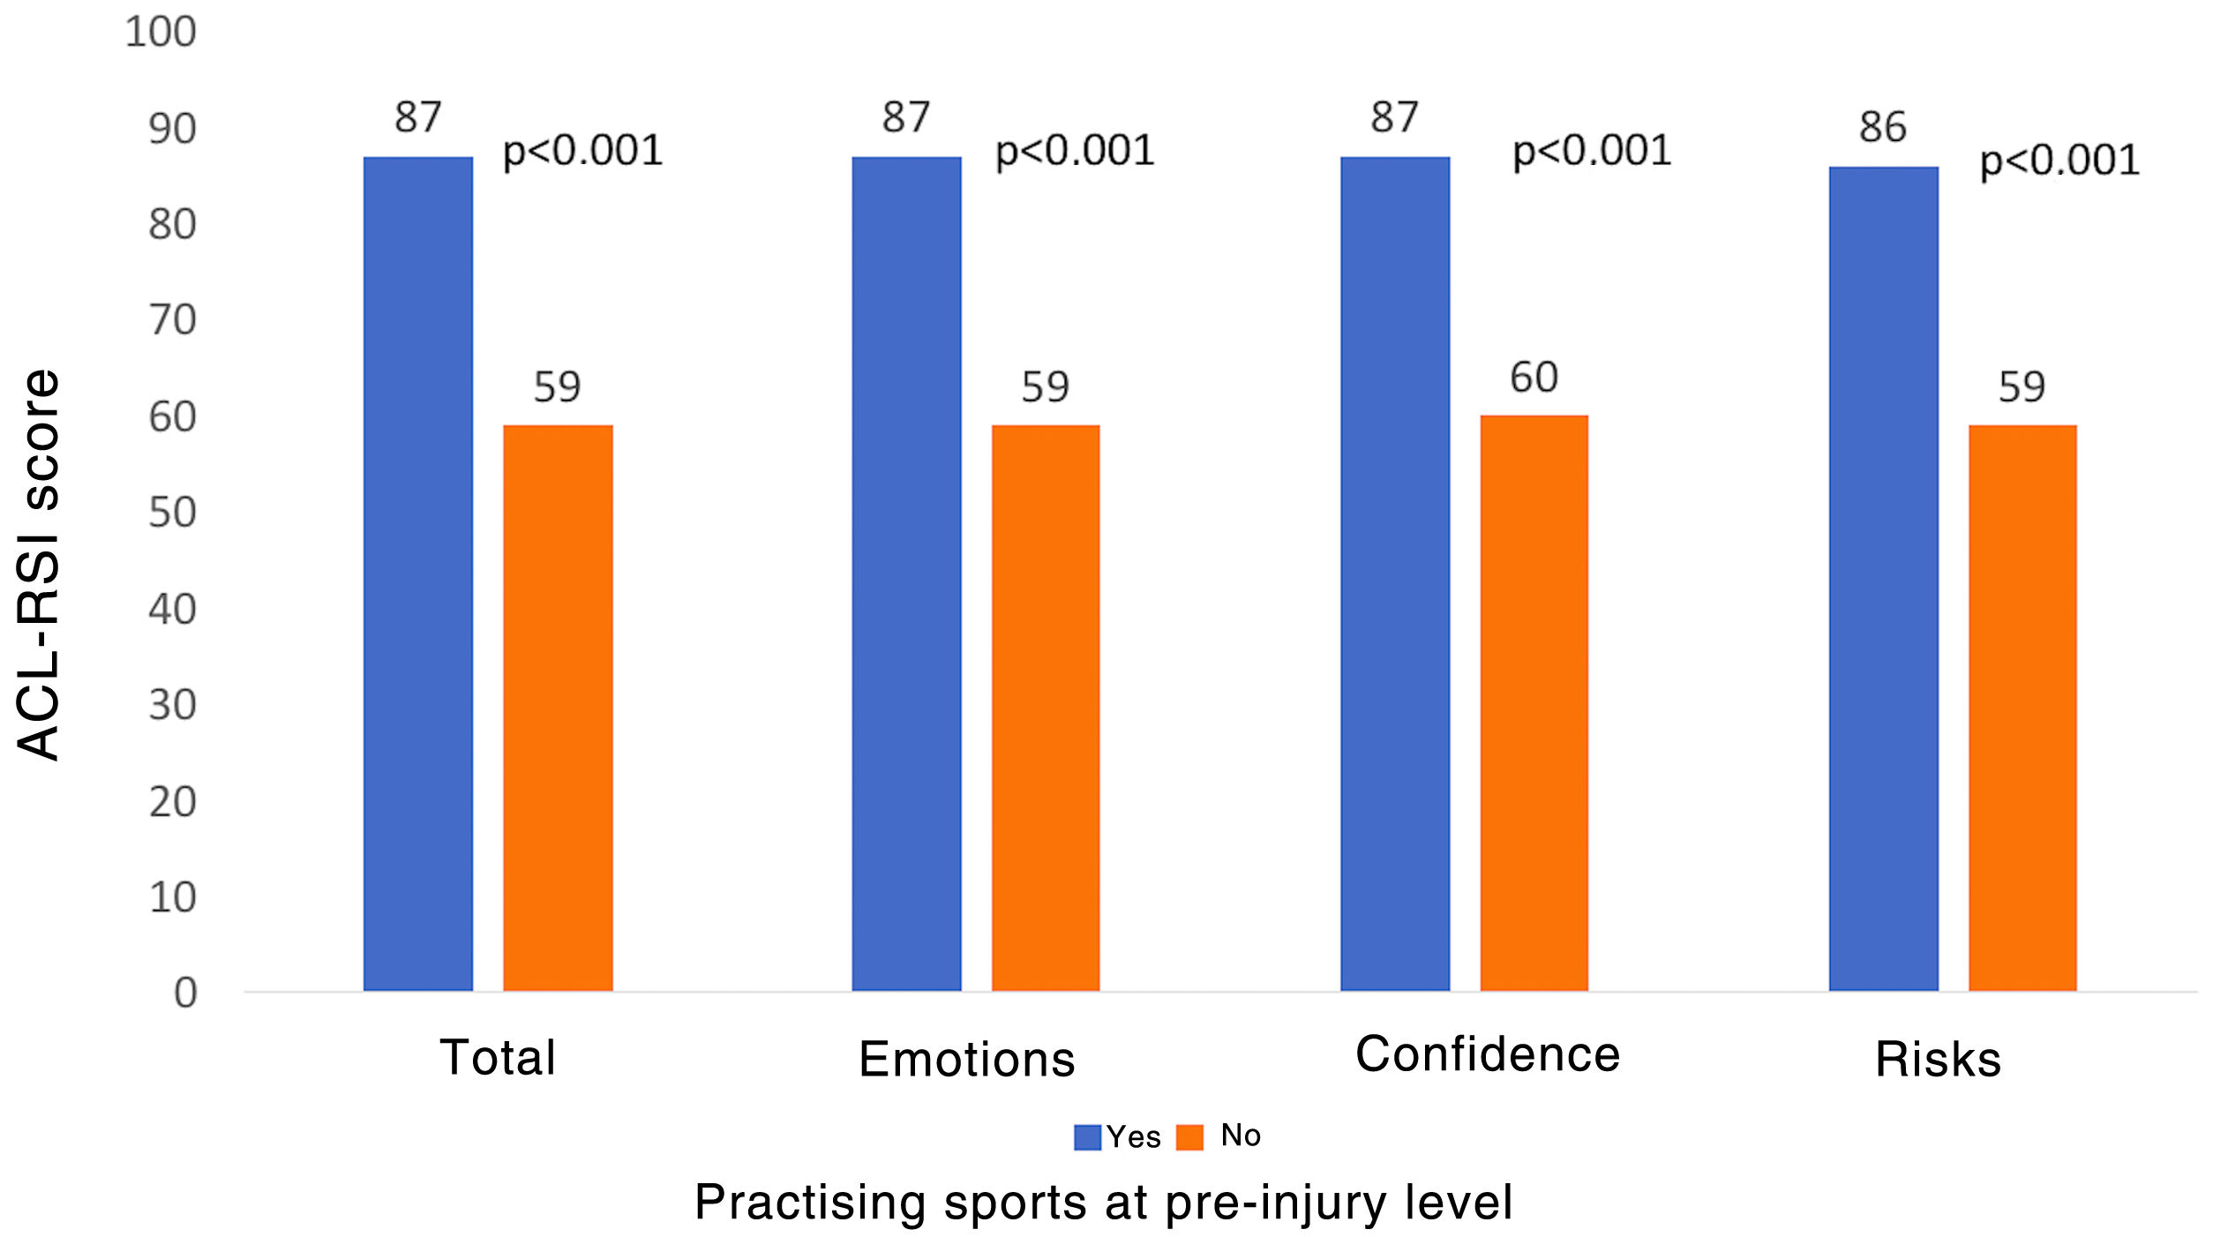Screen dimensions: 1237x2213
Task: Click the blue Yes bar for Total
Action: click(417, 574)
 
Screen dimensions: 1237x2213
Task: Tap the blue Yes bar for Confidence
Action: click(1395, 574)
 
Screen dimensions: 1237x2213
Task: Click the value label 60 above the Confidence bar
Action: click(1534, 378)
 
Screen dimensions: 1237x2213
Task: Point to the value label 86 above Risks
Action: click(1883, 127)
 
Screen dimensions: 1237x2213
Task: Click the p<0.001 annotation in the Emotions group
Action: click(1075, 151)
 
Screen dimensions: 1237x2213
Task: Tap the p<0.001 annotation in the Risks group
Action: click(2059, 161)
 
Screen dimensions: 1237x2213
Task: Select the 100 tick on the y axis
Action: click(161, 32)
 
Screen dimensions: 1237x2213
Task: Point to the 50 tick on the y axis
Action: click(172, 513)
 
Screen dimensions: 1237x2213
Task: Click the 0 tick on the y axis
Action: click(185, 993)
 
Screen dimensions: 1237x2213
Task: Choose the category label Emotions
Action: click(967, 1059)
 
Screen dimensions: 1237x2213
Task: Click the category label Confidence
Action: click(1488, 1053)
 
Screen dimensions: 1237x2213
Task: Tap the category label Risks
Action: click(1938, 1059)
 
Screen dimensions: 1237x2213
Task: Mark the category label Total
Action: click(499, 1057)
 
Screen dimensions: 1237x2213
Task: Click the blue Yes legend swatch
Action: click(1087, 1137)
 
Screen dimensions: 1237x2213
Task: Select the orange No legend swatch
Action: click(1189, 1137)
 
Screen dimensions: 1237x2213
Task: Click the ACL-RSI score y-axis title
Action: click(39, 565)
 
